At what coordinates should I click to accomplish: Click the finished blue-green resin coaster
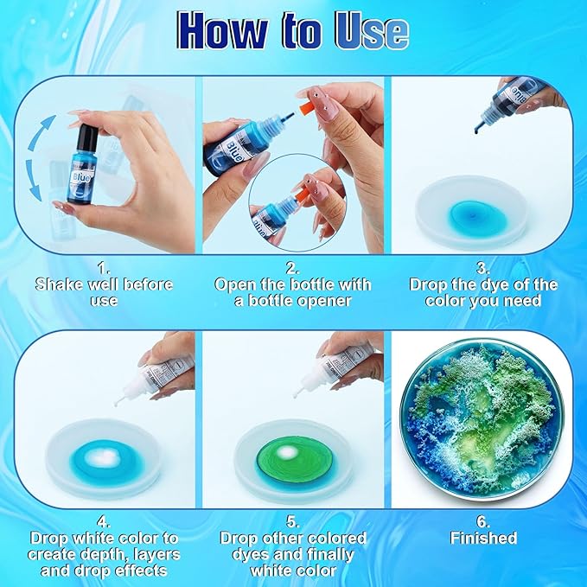click(488, 421)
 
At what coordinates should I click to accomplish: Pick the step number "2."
click(292, 267)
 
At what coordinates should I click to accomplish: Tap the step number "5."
click(292, 522)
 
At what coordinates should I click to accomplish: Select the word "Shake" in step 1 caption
click(62, 284)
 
